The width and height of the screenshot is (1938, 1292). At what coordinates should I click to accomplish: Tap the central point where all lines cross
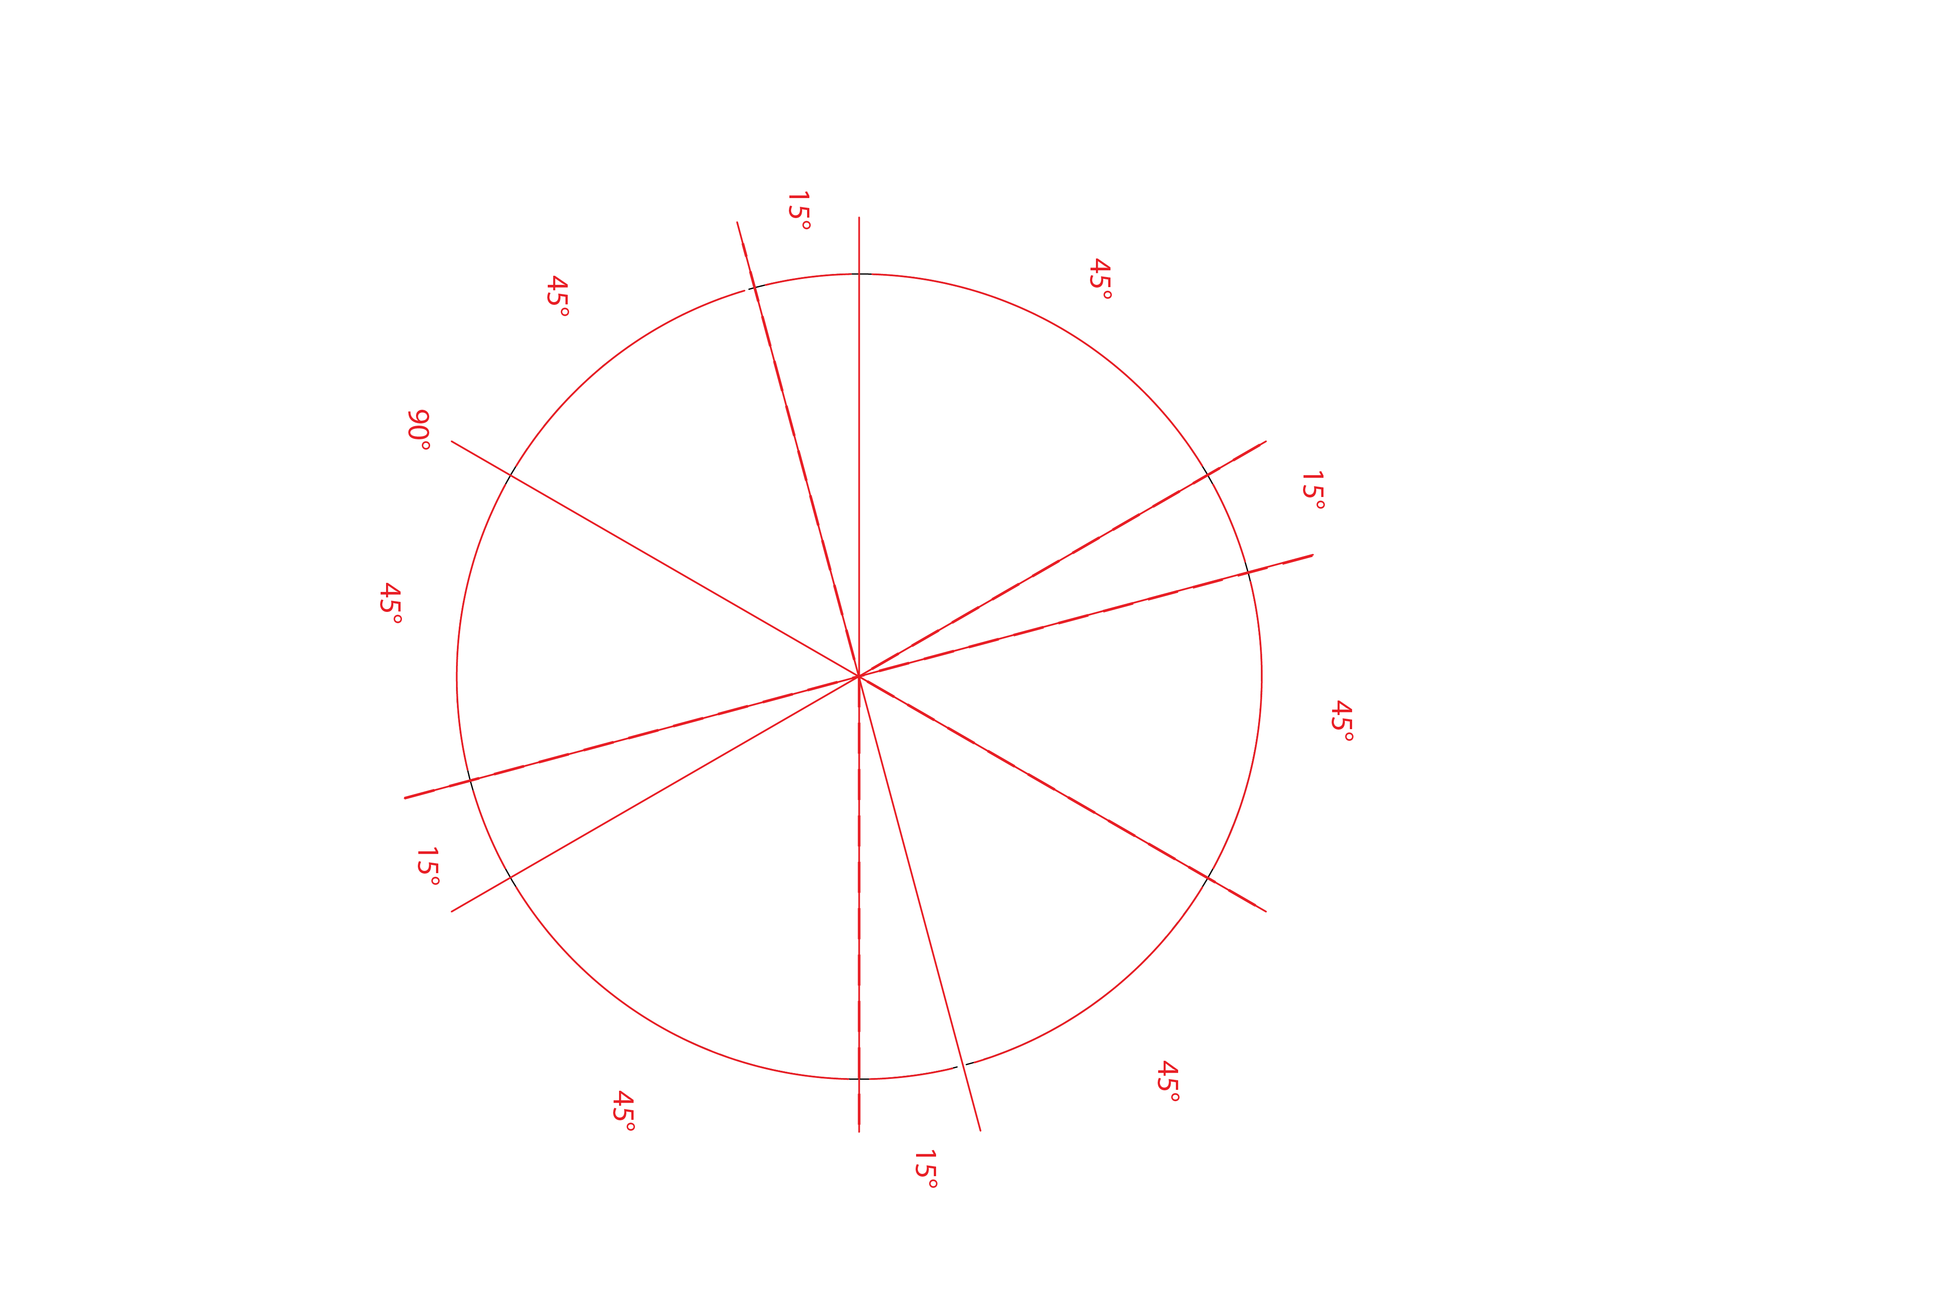(858, 676)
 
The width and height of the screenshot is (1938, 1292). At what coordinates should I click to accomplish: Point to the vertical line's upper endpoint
(858, 218)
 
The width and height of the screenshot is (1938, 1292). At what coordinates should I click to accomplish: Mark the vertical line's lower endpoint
(858, 1132)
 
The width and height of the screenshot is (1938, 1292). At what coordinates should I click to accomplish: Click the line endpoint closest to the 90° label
(451, 442)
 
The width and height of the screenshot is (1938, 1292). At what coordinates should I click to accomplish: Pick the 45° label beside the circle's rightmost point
(1342, 721)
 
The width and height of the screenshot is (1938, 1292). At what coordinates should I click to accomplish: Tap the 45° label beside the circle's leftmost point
(391, 603)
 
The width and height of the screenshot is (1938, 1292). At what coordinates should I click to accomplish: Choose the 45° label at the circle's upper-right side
(1100, 278)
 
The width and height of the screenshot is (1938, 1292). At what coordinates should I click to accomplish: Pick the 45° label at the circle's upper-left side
(558, 296)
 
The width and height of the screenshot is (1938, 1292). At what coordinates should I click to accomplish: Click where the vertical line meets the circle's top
(858, 273)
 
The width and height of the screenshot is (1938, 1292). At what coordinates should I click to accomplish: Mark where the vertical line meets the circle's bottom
(858, 1078)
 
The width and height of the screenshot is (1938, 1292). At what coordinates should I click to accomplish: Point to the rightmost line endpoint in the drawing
(1313, 555)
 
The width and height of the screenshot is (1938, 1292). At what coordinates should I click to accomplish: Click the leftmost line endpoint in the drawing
(404, 798)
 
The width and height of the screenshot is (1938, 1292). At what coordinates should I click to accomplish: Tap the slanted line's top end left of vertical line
(737, 222)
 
